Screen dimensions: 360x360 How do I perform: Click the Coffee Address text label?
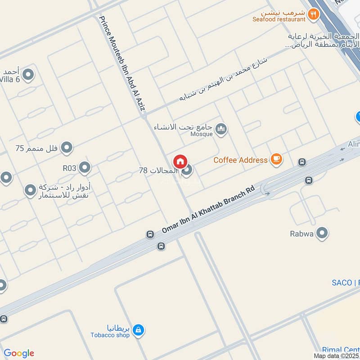241,160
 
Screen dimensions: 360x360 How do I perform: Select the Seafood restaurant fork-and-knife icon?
314,14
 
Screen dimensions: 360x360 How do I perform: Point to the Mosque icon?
221,130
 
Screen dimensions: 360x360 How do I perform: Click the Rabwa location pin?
322,233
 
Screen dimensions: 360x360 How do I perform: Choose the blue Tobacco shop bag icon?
138,331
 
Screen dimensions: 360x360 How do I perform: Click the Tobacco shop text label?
110,334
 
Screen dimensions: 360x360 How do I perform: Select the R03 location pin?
85,168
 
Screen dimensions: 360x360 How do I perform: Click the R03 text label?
70,168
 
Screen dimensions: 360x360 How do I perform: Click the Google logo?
19,353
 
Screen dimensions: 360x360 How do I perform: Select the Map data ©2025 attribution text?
337,355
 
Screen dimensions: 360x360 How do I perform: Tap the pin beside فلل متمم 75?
67,147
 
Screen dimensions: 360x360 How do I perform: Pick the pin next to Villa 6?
28,75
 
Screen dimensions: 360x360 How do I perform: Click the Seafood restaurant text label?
279,19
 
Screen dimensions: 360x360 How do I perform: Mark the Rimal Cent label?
341,350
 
